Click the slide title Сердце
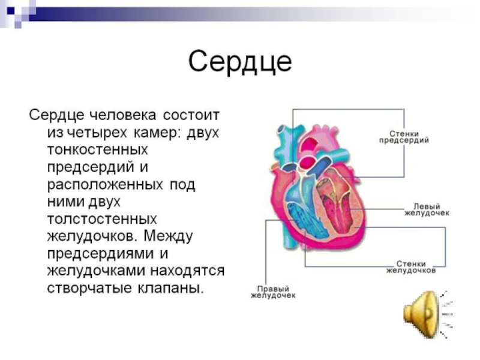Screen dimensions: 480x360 (x=240, y=61)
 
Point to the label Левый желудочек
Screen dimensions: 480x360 (x=427, y=209)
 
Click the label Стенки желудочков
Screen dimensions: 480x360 (x=411, y=266)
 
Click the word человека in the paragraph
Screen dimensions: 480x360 (x=125, y=114)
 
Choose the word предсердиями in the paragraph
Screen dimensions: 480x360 (x=100, y=253)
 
